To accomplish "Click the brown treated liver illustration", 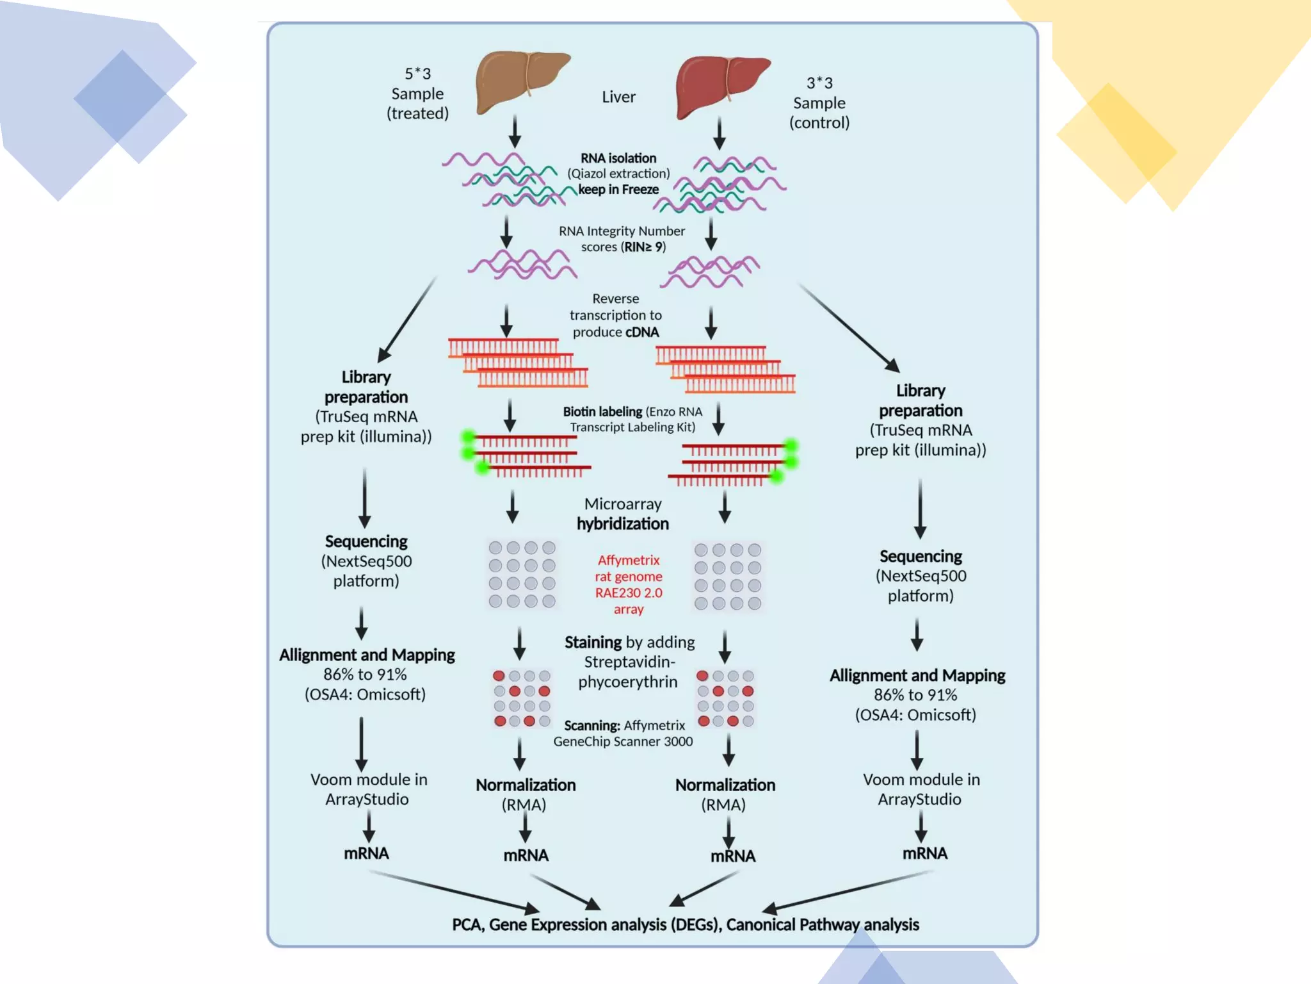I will [520, 82].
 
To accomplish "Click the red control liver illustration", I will [721, 86].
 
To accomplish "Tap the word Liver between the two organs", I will [618, 97].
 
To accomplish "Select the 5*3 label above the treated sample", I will [417, 74].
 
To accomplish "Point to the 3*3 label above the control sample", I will [819, 83].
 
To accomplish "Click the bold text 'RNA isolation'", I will [618, 158].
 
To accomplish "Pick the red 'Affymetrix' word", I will [629, 560].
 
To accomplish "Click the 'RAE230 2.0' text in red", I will [629, 593].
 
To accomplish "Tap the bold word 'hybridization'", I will [622, 524].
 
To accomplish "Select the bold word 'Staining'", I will [593, 642].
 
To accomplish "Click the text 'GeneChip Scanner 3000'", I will [623, 741].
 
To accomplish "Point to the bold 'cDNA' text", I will [642, 332].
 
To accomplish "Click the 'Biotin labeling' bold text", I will [602, 411].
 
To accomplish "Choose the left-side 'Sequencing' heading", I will [366, 541].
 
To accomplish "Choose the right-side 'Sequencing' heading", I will [921, 556].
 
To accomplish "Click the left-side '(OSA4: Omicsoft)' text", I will [365, 694].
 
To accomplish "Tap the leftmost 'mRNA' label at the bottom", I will [366, 853].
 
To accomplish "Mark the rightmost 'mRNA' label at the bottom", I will [924, 853].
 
